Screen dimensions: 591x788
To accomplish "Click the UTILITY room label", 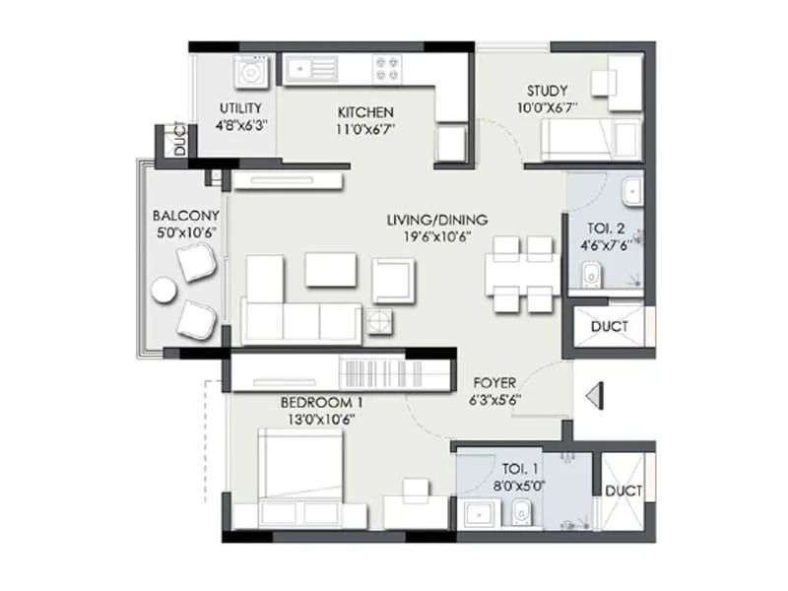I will [x=241, y=108].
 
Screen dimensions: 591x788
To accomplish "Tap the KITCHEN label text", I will [x=365, y=111].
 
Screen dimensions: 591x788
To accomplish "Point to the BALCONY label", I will [x=184, y=215].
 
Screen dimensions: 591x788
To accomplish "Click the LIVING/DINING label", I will [x=436, y=220].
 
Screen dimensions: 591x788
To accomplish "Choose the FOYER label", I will [x=495, y=382].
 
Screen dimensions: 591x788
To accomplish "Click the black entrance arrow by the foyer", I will [x=593, y=395].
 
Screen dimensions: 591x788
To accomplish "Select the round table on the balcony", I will [x=164, y=291].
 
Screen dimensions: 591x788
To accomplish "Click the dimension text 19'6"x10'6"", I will [x=436, y=236].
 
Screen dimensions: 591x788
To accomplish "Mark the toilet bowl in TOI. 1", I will [x=520, y=512].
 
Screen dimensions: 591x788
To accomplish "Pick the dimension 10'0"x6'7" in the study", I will [x=548, y=107].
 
